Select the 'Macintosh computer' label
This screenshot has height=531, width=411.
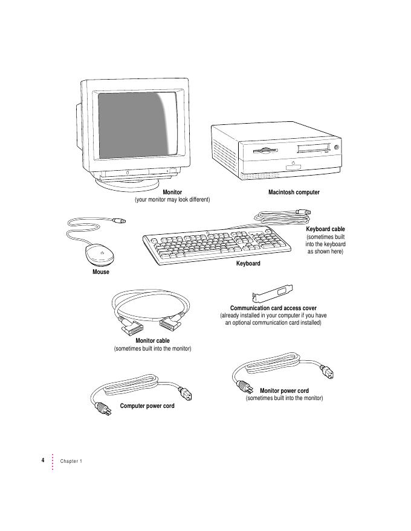tap(294, 192)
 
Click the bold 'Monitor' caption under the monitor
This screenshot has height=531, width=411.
tap(172, 192)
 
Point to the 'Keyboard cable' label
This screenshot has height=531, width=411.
tap(325, 229)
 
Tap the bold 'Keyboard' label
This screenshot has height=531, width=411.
tap(248, 264)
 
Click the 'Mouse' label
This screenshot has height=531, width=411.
tap(101, 272)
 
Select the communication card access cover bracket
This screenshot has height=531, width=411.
tap(273, 295)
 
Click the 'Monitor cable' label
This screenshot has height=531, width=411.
tap(152, 341)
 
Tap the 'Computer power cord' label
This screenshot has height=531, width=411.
tap(147, 406)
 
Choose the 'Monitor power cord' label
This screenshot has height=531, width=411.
tap(284, 391)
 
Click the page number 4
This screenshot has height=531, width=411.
tap(43, 460)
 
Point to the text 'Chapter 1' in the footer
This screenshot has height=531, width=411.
tap(71, 461)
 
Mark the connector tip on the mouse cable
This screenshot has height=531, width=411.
tap(122, 223)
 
